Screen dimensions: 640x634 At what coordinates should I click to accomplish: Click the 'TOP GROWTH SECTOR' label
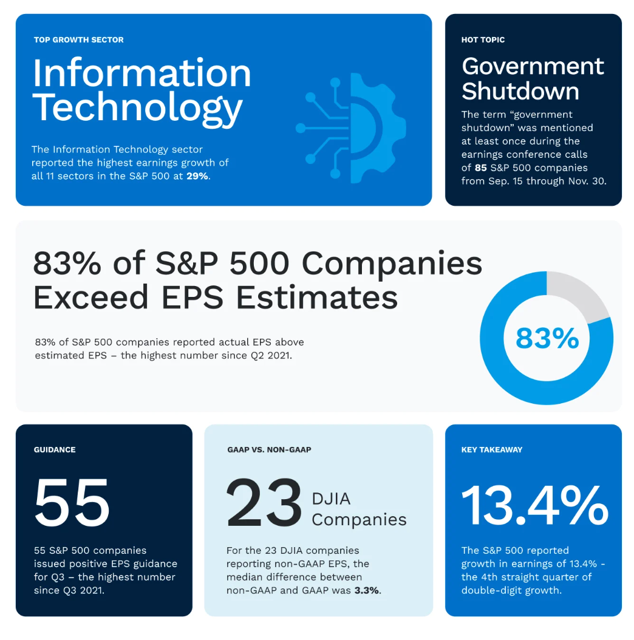tap(79, 40)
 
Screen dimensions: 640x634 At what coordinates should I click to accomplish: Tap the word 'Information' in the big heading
tap(141, 73)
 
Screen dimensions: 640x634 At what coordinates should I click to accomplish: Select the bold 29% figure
tap(197, 176)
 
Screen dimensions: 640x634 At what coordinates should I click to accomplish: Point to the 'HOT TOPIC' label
tap(483, 40)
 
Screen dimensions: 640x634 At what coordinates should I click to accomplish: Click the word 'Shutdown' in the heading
tap(520, 91)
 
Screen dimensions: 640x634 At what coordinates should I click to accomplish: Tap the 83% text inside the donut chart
tap(547, 338)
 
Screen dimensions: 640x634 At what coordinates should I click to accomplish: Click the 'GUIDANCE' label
tap(55, 450)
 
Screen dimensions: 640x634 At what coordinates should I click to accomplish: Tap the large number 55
tap(72, 503)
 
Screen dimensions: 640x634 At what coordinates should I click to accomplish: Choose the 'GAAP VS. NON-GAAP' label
tap(269, 450)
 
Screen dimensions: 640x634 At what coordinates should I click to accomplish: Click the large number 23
tap(264, 503)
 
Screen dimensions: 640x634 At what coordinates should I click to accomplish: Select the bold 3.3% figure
tap(368, 590)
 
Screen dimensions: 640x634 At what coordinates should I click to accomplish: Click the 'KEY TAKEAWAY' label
tap(492, 450)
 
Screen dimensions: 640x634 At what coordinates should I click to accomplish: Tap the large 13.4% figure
tap(534, 505)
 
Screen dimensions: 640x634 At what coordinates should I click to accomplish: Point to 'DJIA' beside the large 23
tap(331, 499)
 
